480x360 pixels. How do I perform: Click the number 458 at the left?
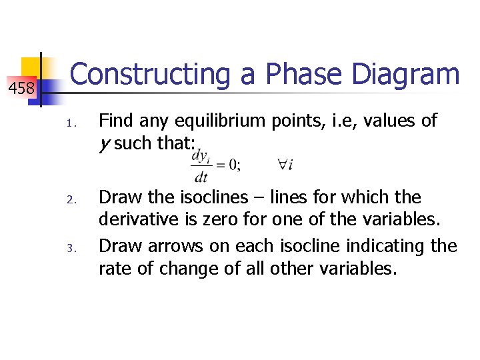click(x=21, y=87)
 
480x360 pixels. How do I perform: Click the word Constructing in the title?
click(x=150, y=75)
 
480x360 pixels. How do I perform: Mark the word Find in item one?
click(x=117, y=121)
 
